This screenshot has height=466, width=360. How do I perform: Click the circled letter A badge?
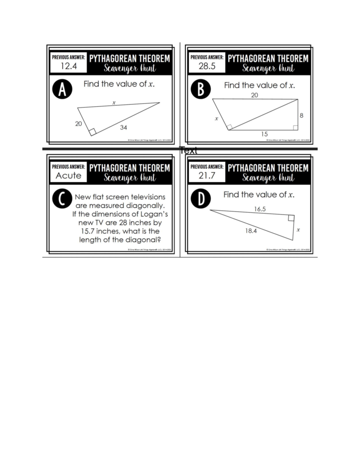pyautogui.click(x=62, y=89)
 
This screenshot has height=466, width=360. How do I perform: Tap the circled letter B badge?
pyautogui.click(x=201, y=89)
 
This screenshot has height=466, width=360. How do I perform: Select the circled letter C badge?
pyautogui.click(x=62, y=198)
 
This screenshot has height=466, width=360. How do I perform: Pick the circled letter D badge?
pyautogui.click(x=201, y=198)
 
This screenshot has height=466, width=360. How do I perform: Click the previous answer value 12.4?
pyautogui.click(x=69, y=66)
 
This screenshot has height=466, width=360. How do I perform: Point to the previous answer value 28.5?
pyautogui.click(x=207, y=66)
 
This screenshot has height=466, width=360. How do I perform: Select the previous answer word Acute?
pyautogui.click(x=68, y=176)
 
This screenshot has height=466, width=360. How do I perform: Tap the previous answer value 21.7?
pyautogui.click(x=207, y=176)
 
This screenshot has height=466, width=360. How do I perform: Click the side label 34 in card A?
pyautogui.click(x=123, y=128)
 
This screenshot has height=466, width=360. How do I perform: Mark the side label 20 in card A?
pyautogui.click(x=78, y=124)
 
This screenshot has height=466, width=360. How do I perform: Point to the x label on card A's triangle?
pyautogui.click(x=114, y=103)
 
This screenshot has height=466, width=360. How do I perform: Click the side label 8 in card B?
pyautogui.click(x=301, y=115)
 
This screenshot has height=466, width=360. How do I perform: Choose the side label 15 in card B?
pyautogui.click(x=264, y=134)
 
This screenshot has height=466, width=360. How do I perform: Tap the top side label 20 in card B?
pyautogui.click(x=254, y=95)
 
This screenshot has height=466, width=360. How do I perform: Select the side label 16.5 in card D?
pyautogui.click(x=260, y=209)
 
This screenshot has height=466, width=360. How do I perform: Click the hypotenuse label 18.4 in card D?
pyautogui.click(x=251, y=231)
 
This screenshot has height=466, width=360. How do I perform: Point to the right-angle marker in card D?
pyautogui.click(x=291, y=218)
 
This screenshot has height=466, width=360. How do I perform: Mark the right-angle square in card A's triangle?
pyautogui.click(x=92, y=131)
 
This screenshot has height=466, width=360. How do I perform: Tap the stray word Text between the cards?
pyautogui.click(x=189, y=151)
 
